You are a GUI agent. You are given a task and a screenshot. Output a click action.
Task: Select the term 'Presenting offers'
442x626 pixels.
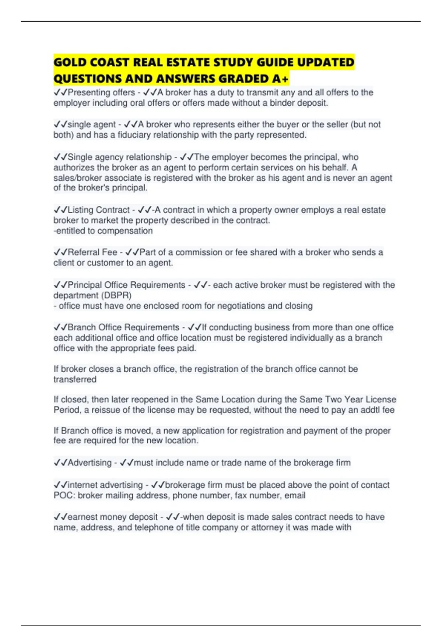click(101, 92)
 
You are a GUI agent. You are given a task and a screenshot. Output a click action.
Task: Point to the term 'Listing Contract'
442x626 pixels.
click(99, 210)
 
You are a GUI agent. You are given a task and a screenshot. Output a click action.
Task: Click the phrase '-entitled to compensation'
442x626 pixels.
click(103, 231)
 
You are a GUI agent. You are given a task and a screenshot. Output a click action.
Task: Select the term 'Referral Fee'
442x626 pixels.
click(92, 252)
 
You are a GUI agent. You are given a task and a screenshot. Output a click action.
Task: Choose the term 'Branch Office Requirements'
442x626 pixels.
click(123, 327)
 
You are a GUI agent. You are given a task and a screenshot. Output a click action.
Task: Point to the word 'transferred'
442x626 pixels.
click(75, 380)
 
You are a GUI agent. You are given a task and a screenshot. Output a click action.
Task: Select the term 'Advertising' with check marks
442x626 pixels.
click(89, 463)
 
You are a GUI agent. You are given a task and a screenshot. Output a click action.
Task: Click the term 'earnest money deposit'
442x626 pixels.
click(112, 517)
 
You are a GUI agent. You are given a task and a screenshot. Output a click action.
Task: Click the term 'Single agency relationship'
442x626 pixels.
click(120, 157)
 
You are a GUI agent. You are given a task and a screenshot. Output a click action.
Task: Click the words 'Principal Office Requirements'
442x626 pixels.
click(126, 285)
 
